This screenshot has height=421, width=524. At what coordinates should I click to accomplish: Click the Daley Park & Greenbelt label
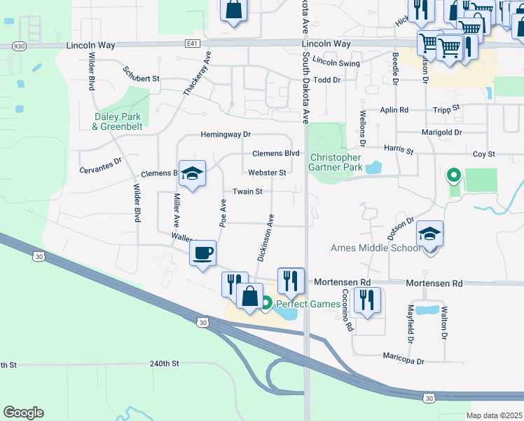tap(116, 121)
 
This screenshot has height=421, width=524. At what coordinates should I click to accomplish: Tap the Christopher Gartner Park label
tap(336, 163)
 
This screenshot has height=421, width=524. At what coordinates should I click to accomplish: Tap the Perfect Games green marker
tap(266, 304)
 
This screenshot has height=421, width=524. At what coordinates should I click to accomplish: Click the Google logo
tap(23, 413)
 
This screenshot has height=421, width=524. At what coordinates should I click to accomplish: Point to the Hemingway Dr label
tap(226, 134)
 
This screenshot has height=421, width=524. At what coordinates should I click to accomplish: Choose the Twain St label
tap(247, 191)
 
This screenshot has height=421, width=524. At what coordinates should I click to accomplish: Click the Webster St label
tap(267, 173)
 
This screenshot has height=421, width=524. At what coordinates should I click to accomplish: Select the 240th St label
tap(165, 363)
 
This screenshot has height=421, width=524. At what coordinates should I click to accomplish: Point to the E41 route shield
tap(193, 44)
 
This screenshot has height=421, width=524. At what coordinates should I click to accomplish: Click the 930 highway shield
tap(20, 46)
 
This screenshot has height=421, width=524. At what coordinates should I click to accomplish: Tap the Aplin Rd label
tap(394, 110)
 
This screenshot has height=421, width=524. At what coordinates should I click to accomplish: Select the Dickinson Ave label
tap(264, 238)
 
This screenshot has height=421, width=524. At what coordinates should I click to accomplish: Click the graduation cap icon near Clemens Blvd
tap(192, 173)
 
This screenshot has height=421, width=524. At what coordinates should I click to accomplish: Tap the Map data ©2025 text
tap(495, 415)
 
